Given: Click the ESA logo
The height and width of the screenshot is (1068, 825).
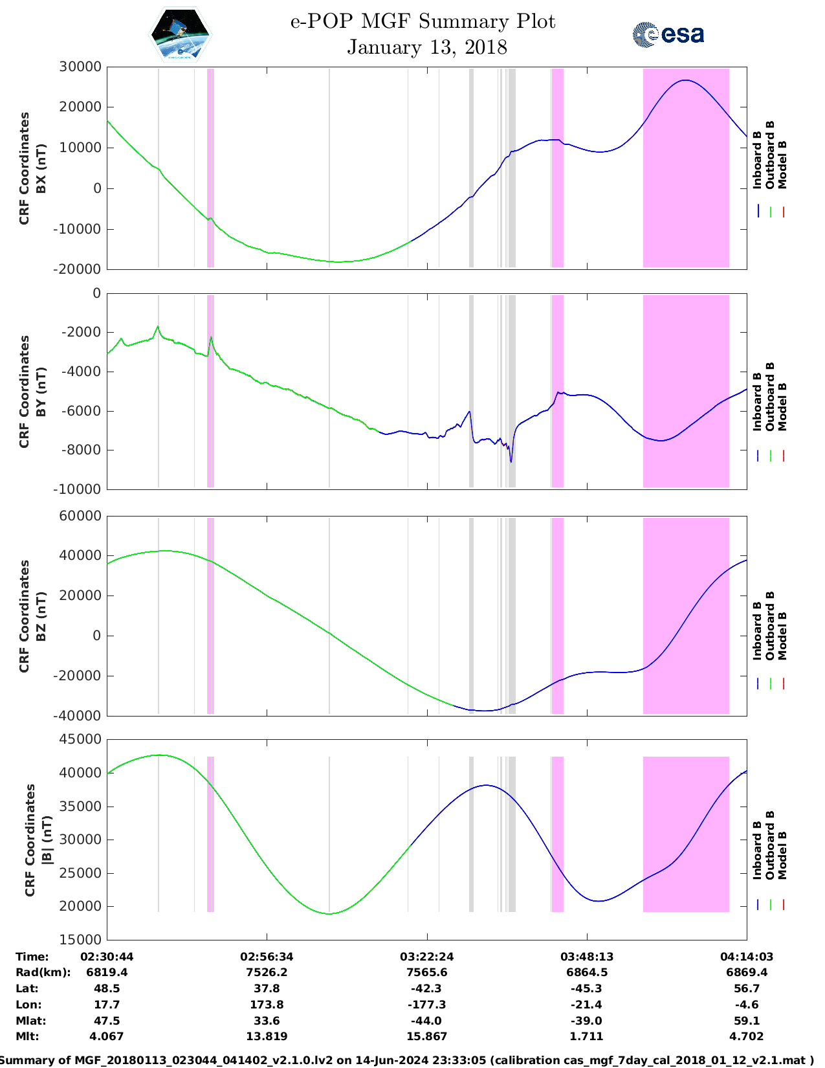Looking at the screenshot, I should [x=668, y=34].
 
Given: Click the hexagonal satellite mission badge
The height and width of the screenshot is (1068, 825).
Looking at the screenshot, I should [x=180, y=35].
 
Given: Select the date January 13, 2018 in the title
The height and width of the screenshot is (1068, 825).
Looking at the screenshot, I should [x=427, y=47].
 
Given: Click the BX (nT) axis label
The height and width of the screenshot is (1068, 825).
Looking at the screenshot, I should [x=41, y=168].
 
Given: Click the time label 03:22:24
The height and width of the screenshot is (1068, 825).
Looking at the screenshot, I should [x=426, y=957].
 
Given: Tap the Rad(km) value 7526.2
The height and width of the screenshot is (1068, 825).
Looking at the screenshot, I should [x=267, y=972].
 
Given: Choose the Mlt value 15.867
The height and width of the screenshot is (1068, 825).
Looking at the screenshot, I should [x=426, y=1036].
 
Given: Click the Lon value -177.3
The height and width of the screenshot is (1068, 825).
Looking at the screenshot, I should [x=426, y=1005].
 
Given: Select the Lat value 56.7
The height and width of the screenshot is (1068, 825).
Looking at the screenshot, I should [x=747, y=988].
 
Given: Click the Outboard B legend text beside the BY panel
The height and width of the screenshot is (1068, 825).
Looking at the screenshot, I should [x=770, y=396].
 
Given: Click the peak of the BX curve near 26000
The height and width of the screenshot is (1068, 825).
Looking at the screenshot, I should [x=685, y=80].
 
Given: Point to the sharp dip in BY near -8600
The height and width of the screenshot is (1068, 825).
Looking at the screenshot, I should [x=511, y=462].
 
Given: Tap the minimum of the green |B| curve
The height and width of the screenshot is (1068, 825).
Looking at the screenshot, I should [x=329, y=914].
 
